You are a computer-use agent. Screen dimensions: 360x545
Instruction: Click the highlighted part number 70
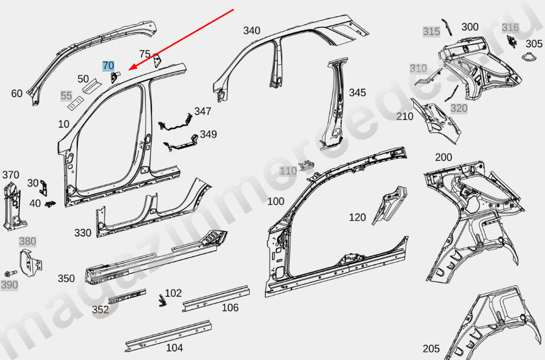[x=108, y=66]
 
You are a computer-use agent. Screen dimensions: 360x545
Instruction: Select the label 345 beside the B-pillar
[x=357, y=92]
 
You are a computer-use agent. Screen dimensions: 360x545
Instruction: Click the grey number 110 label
[x=288, y=171]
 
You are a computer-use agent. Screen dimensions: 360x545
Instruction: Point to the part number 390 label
[x=9, y=285]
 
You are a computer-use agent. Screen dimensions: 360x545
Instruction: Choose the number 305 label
[x=534, y=44]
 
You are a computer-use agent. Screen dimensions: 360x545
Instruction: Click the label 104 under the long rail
[x=174, y=348]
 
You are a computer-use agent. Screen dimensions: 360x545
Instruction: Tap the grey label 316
[x=510, y=27]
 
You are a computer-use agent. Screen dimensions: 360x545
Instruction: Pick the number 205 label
[x=431, y=349]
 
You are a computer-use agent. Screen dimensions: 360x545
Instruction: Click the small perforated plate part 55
[x=74, y=103]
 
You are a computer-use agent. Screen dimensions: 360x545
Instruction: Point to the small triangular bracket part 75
[x=157, y=59]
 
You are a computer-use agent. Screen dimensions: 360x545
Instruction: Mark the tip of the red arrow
[x=130, y=69]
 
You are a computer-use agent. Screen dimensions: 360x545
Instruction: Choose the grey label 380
[x=27, y=241]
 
